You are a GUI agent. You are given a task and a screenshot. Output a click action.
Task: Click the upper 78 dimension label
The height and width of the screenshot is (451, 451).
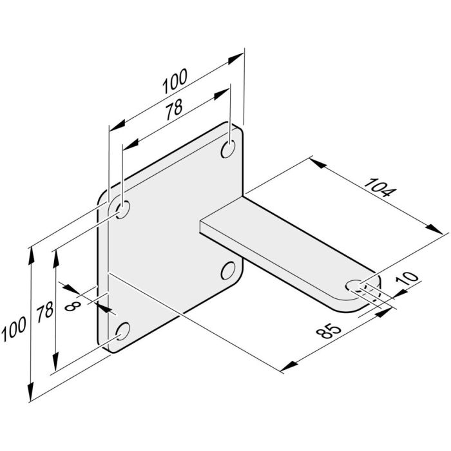tap(173, 110)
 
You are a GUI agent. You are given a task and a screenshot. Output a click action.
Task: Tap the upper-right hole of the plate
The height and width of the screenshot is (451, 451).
tap(228, 149)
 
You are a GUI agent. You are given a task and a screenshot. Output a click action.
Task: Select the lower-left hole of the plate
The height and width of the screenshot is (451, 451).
tap(121, 331)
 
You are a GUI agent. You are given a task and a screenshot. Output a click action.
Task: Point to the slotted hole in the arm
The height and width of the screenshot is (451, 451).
tap(356, 285)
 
